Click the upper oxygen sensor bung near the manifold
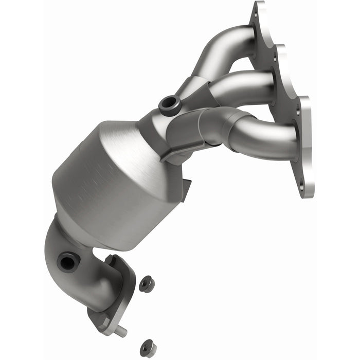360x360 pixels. click(169, 105)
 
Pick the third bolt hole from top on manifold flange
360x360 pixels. click(298, 110)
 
